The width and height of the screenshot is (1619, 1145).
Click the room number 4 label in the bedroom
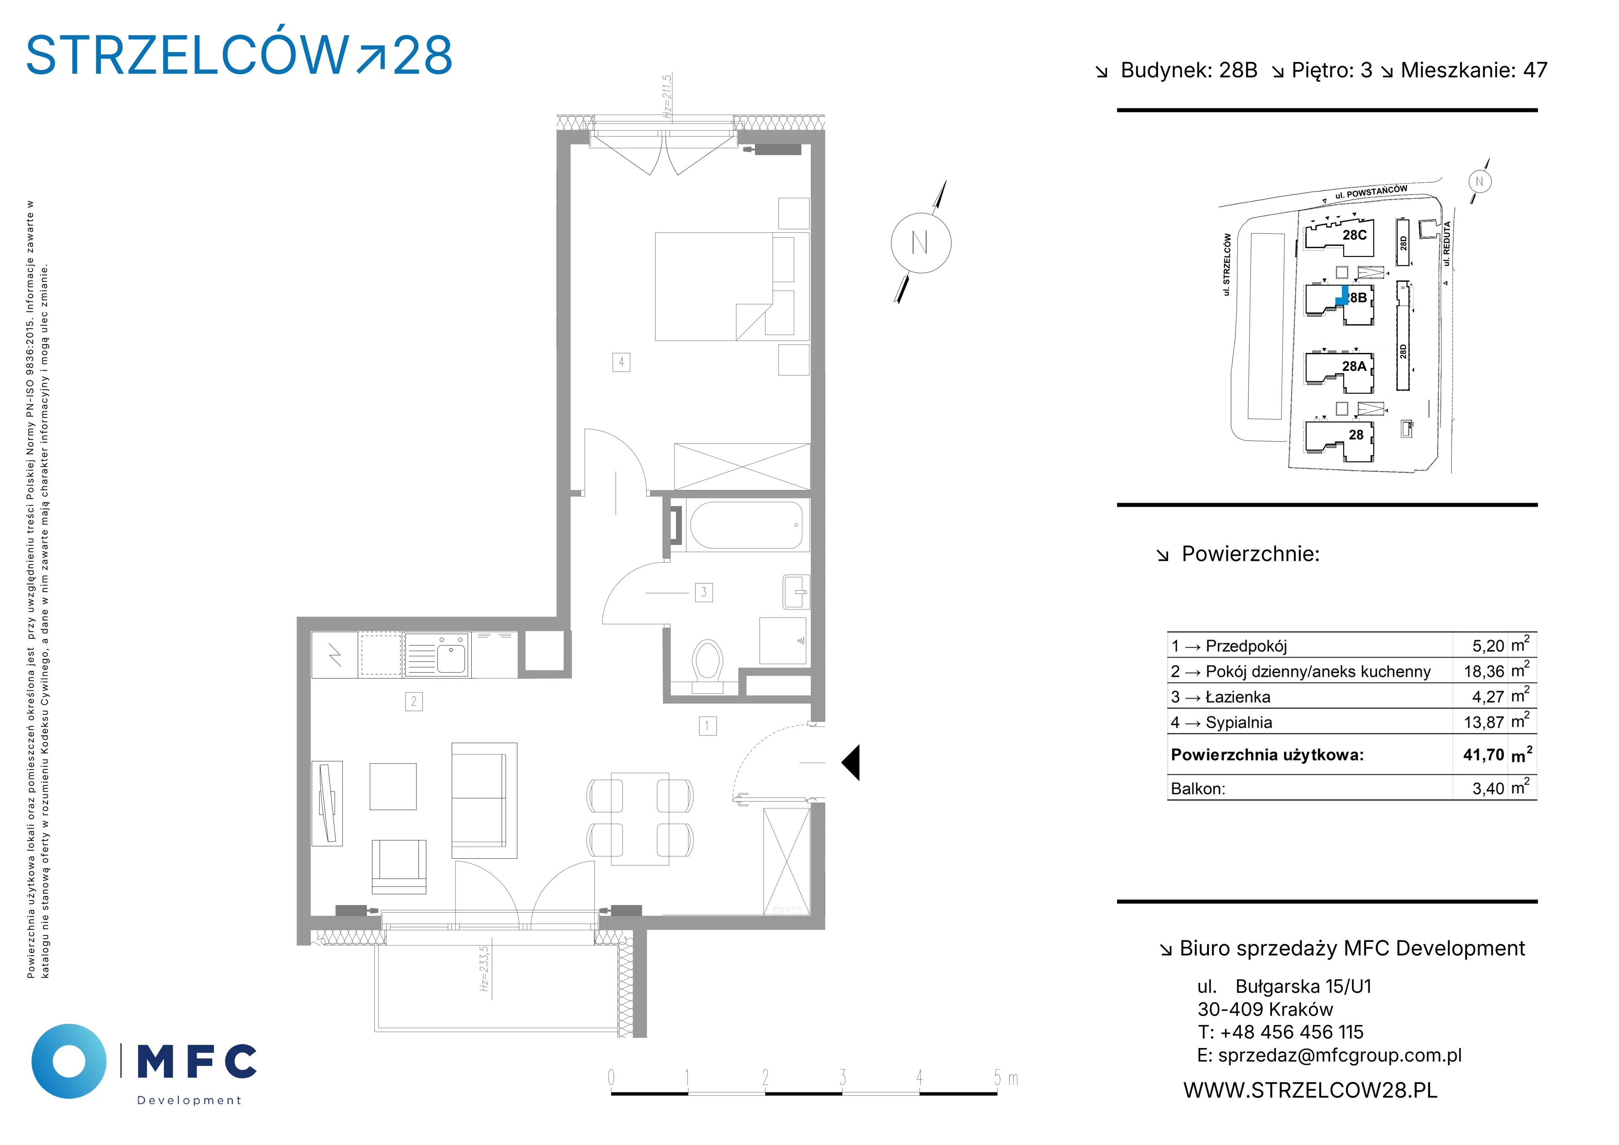pos(621,363)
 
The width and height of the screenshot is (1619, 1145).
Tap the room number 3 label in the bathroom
pos(704,593)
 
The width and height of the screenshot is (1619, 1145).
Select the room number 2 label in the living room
pos(414,701)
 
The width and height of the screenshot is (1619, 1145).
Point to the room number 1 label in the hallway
pos(707,725)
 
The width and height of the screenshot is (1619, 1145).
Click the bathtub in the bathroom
pos(746,525)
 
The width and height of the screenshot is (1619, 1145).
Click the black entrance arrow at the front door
pos(850,762)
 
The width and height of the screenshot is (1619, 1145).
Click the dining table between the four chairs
pos(640,818)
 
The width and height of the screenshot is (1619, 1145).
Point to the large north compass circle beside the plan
pos(921,243)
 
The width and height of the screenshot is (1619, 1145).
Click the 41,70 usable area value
pos(1484,755)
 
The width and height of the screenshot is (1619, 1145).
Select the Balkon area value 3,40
pos(1488,789)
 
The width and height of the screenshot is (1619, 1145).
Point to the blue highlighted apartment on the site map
pos(1342,296)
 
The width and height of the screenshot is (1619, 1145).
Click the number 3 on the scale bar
pos(843,1077)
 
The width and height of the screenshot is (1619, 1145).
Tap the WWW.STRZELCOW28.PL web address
pos(1310,1090)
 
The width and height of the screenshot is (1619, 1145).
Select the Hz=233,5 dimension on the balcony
pos(484,969)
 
